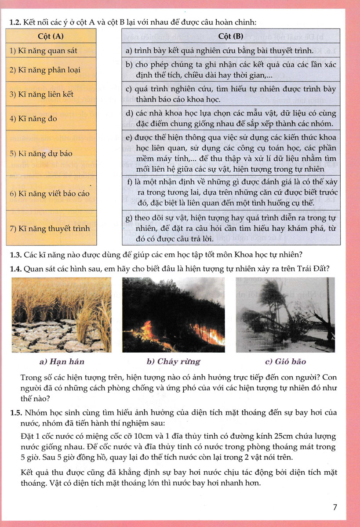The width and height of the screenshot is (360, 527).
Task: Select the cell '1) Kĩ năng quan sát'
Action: (x=43, y=51)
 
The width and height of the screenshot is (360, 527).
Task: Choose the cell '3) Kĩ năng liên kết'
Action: (x=41, y=94)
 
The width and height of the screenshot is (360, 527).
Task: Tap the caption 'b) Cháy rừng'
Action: (x=173, y=362)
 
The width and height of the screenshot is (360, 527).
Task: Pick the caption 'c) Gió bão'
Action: (x=285, y=362)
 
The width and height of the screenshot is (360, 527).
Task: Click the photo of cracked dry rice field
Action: (x=62, y=315)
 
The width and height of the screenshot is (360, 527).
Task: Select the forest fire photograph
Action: (x=173, y=315)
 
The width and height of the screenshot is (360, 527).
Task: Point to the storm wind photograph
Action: (x=285, y=315)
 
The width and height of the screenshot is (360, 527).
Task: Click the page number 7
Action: (x=335, y=508)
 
